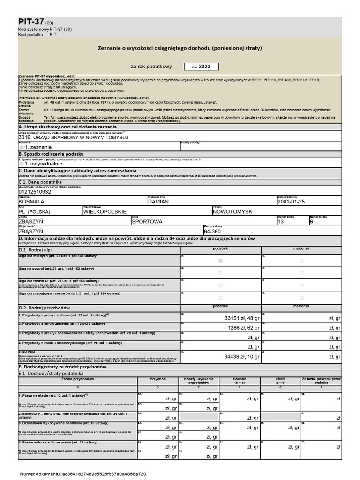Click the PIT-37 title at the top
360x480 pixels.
coord(31,22)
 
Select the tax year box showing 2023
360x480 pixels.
coord(201,67)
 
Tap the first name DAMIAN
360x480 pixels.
coord(158,201)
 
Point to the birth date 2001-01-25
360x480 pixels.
coord(291,201)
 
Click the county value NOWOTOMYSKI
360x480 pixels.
coord(233,211)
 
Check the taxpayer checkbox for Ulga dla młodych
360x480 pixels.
coord(221,260)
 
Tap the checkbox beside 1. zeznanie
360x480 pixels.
coord(22,147)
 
